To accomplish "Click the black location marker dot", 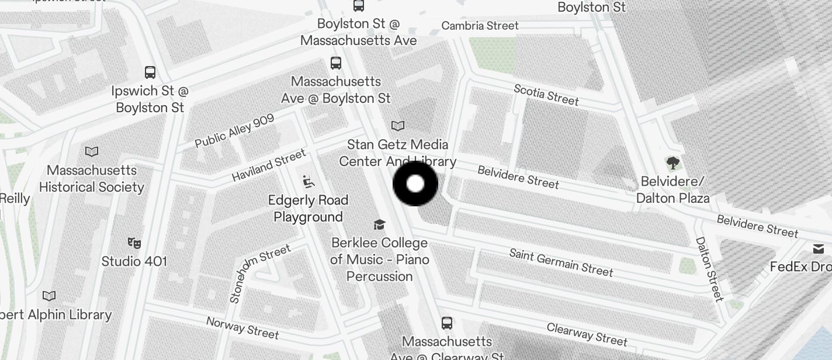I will click(415, 184).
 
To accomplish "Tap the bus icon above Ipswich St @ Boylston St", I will click(150, 72).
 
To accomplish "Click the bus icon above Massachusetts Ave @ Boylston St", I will click(335, 63).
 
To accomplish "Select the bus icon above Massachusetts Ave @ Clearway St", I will click(447, 323).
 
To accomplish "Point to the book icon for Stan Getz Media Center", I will click(398, 126).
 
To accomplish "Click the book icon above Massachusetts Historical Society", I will click(92, 152).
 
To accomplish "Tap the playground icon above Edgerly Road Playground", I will click(308, 182).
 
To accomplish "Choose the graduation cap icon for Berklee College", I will click(380, 224).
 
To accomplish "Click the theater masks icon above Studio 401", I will click(134, 243).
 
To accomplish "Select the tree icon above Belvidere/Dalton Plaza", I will click(672, 162).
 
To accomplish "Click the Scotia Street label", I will click(546, 95).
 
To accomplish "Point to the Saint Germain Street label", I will click(561, 262).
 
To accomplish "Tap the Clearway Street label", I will click(587, 334).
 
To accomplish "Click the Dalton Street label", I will click(709, 269).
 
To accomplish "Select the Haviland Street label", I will click(269, 165).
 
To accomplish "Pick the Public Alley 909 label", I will click(234, 131).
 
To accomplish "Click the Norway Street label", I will click(242, 327).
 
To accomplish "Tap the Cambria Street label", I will click(480, 26).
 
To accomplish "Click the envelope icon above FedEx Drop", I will click(818, 250).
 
